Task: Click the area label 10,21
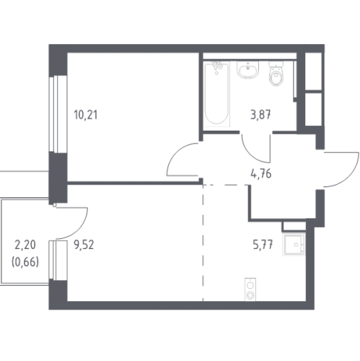[86, 115]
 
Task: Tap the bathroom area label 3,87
[260, 115]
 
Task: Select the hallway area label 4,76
[261, 173]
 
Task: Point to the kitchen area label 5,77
[263, 245]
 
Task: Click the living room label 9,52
[84, 245]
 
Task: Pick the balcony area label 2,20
[25, 245]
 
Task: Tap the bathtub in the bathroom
[216, 94]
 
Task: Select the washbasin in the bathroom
[247, 69]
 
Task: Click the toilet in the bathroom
[276, 74]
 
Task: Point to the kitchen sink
[294, 245]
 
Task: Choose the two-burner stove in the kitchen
[250, 290]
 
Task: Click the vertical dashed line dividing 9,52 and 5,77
[203, 243]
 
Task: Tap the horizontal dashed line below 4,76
[226, 185]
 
